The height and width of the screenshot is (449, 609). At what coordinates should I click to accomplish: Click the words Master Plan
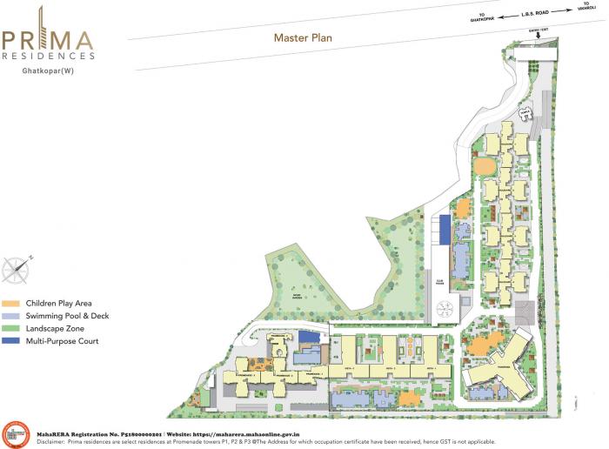pos(303,37)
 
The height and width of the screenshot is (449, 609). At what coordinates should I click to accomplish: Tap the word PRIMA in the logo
pos(48,40)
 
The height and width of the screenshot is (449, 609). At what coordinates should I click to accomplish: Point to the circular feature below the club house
pos(445,308)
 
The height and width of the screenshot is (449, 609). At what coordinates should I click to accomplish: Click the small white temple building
pos(526,114)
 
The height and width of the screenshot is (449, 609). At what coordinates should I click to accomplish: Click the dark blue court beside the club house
pos(445,230)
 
